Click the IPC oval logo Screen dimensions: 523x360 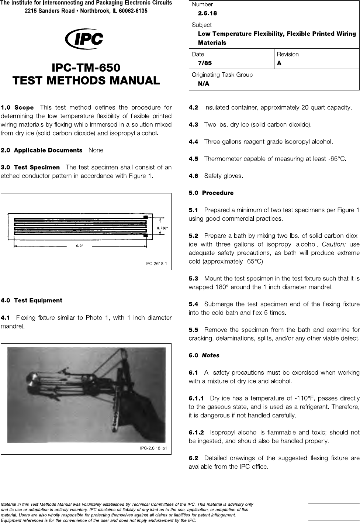point(84,39)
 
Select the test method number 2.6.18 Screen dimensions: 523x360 point(207,13)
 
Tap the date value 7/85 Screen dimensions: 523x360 point(205,63)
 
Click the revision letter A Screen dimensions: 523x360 point(279,63)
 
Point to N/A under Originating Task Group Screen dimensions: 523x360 point(204,84)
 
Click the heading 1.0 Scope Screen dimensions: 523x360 point(17,108)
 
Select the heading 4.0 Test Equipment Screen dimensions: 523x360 point(31,300)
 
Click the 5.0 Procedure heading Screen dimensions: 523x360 point(211,193)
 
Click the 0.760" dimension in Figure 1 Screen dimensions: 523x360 point(163,228)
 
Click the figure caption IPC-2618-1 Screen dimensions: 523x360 point(156,264)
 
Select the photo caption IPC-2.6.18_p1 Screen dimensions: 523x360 point(153,448)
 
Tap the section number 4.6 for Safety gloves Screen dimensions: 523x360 point(193,176)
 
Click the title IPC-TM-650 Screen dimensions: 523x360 point(86,68)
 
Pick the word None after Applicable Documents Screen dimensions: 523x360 point(96,150)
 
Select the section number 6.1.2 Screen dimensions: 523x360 point(196,432)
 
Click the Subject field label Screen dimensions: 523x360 point(201,25)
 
